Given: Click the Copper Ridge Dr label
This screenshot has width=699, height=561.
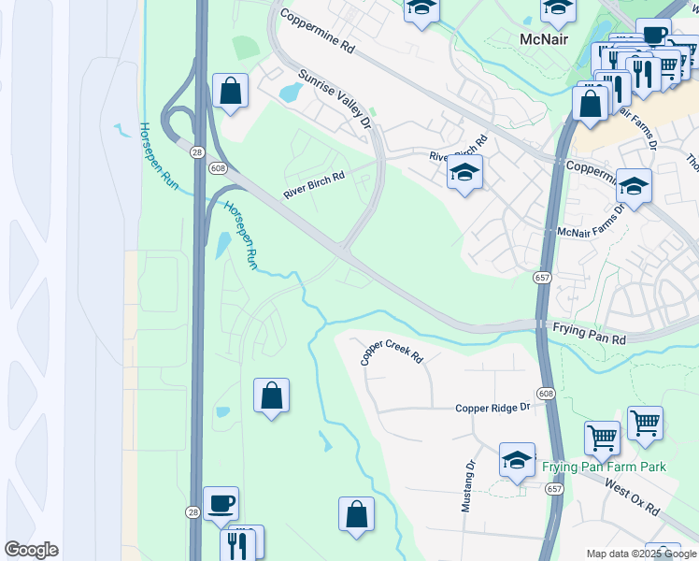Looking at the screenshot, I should (492, 408).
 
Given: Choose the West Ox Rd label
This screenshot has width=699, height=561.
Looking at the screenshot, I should (632, 498).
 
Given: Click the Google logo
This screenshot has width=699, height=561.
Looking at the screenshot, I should (31, 550).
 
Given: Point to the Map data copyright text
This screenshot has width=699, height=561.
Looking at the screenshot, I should (641, 554).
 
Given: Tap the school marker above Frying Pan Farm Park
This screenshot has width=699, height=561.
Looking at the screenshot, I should (517, 460).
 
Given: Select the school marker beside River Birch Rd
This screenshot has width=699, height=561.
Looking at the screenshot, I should (464, 172).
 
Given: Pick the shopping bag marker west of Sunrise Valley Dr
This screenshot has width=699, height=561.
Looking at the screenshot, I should (230, 92).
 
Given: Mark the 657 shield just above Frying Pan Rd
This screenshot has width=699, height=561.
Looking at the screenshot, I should (542, 278).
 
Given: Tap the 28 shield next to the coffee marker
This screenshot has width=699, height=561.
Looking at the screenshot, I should (193, 512).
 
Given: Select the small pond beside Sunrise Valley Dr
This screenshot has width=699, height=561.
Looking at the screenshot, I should (290, 92).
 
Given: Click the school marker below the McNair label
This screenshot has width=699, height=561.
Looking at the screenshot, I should (634, 186).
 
